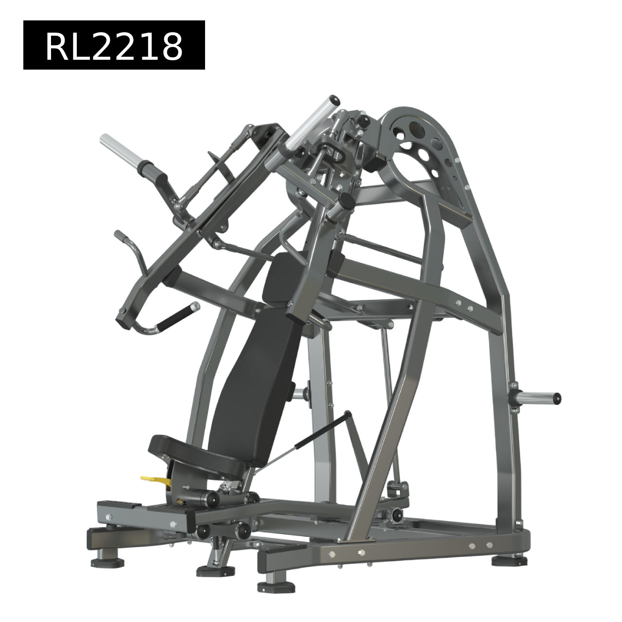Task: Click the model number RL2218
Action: tap(114, 47)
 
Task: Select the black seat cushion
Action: tap(197, 452)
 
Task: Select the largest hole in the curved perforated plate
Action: tap(417, 128)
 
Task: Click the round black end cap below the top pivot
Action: tap(346, 199)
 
